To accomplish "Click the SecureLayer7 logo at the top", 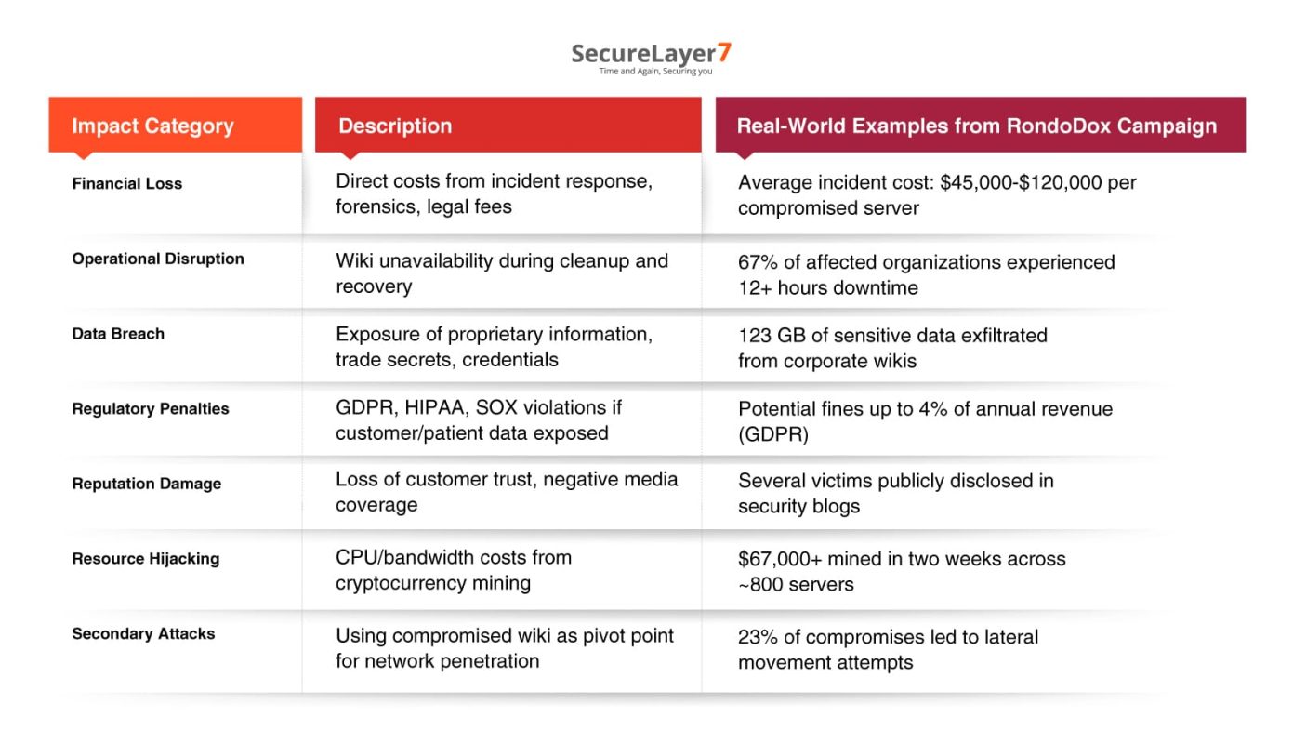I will coord(651,53).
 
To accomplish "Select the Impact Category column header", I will coord(152,126).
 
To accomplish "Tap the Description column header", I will coord(395,126).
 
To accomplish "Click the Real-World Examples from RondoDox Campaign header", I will coord(976,126).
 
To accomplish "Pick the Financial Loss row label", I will coord(127,184).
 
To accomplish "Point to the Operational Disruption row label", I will coord(158,259).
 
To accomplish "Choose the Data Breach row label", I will coord(118,334).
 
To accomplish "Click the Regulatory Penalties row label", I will coord(151,409).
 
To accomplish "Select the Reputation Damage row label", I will coord(147,484).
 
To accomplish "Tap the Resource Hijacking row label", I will coord(146,559).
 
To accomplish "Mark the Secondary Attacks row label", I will coord(143,634).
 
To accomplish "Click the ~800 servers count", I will coord(796,585).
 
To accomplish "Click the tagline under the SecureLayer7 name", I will coord(655,72).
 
